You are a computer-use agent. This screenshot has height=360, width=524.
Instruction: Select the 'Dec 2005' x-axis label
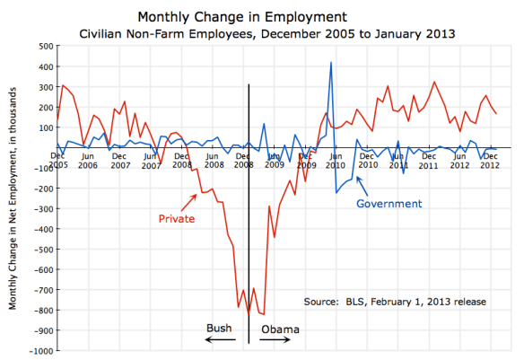point(57,161)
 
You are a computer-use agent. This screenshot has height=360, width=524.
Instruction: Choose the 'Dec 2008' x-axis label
point(242,161)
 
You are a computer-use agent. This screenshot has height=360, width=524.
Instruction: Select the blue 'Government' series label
point(389,204)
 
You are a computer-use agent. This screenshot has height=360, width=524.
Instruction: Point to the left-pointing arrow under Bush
point(219,341)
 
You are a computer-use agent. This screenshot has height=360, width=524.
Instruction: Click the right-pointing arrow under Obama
point(275,341)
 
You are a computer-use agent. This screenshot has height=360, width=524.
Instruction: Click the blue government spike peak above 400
point(332,63)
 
